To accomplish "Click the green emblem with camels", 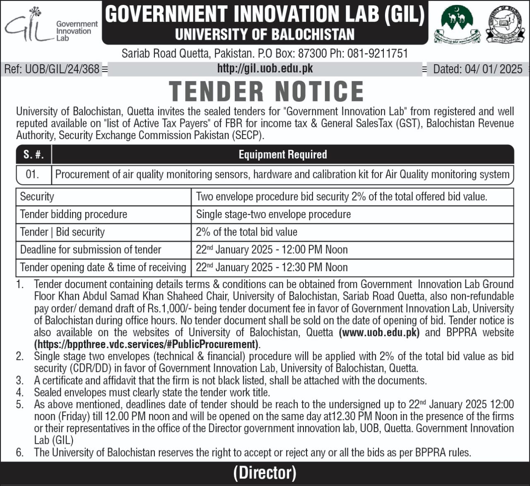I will (456, 25).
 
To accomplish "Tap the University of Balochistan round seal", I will (505, 24).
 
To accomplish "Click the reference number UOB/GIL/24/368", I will (52, 69).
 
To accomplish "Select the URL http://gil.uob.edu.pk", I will (265, 68).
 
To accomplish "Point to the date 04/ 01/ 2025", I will (478, 69).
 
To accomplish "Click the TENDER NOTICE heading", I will (266, 91).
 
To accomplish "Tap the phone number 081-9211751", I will (378, 53).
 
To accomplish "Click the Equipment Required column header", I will (283, 154).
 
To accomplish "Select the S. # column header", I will (34, 154).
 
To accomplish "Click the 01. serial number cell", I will (33, 174).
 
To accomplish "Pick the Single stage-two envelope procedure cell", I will (273, 214).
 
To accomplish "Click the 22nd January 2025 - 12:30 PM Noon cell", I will (272, 267).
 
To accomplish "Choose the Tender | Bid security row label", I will (63, 232).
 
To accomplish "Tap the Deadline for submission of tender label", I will (91, 250).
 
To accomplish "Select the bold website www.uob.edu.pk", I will (379, 332).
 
